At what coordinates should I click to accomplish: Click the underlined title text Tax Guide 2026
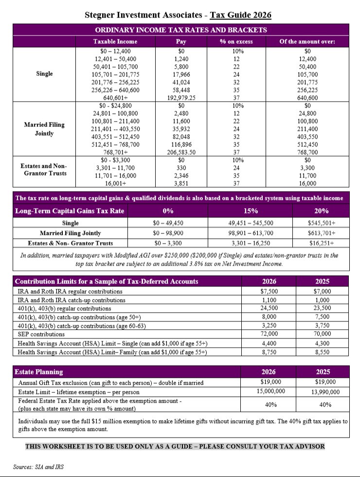click(240, 16)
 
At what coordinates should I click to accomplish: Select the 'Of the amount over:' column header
click(307, 41)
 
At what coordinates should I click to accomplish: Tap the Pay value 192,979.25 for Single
click(181, 97)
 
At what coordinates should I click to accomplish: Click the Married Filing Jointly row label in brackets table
click(44, 129)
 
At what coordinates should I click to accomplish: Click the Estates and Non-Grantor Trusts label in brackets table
click(44, 169)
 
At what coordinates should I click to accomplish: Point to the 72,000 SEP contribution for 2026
click(269, 334)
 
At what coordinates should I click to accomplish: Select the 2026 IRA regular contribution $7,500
click(269, 291)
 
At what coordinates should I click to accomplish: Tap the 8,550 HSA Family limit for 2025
click(323, 351)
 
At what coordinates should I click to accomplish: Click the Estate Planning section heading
click(39, 372)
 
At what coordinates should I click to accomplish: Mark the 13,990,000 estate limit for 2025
click(323, 392)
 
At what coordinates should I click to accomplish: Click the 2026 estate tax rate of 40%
click(270, 405)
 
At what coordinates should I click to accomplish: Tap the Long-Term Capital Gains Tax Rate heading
click(70, 211)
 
